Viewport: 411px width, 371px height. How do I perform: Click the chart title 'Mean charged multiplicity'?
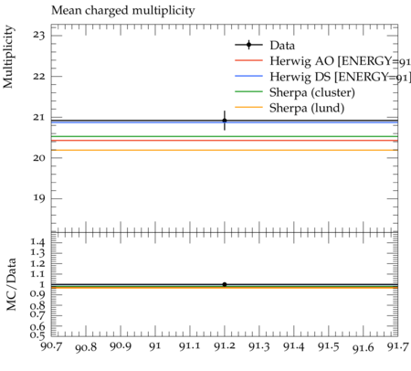123,11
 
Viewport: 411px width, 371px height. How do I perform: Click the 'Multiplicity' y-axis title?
8,57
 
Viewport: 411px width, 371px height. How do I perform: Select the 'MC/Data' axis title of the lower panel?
11,284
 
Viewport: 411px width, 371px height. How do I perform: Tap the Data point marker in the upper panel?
225,121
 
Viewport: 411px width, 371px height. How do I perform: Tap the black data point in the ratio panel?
225,284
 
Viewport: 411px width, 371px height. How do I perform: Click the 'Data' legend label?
282,46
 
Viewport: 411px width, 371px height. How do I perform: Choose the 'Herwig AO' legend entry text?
340,61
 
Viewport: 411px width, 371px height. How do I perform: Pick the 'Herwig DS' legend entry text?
340,77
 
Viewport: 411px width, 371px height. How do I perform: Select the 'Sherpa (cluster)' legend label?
312,92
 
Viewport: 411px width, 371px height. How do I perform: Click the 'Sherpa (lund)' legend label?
307,108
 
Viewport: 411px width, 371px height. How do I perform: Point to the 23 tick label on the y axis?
39,36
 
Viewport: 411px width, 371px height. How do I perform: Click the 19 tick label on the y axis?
39,198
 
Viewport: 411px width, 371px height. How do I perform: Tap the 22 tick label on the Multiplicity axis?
39,77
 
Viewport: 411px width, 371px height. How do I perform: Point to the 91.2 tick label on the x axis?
225,346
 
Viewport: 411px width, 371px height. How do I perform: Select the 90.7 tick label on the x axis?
51,346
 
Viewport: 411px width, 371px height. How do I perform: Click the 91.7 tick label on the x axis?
397,346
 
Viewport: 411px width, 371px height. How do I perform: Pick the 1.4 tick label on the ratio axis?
37,243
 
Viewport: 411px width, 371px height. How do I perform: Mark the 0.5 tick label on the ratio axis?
37,335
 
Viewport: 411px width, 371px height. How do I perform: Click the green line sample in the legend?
248,91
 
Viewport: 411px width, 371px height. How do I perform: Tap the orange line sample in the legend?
248,107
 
